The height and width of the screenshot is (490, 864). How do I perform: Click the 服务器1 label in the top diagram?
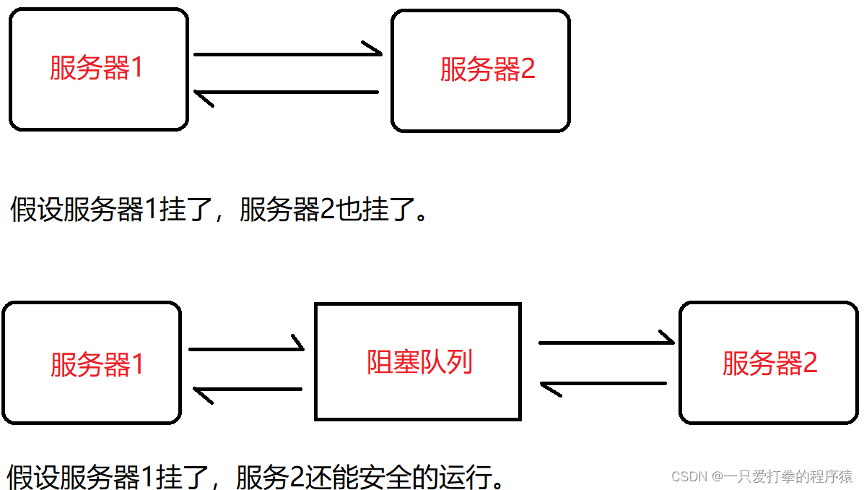click(96, 69)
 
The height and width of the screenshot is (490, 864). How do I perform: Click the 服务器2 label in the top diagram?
click(487, 70)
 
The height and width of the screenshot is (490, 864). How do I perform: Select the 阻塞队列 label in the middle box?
click(419, 361)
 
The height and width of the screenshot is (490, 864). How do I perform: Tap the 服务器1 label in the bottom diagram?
click(97, 364)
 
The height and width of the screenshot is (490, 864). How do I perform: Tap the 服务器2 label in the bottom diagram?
click(769, 364)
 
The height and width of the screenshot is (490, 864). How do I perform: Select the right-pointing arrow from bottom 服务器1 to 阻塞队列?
click(246, 349)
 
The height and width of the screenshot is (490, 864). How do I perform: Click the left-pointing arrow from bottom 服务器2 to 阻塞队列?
click(603, 384)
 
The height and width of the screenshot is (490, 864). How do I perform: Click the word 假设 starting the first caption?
click(36, 210)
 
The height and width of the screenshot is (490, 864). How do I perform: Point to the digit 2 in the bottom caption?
click(296, 478)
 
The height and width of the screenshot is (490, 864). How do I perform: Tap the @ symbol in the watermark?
click(717, 477)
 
